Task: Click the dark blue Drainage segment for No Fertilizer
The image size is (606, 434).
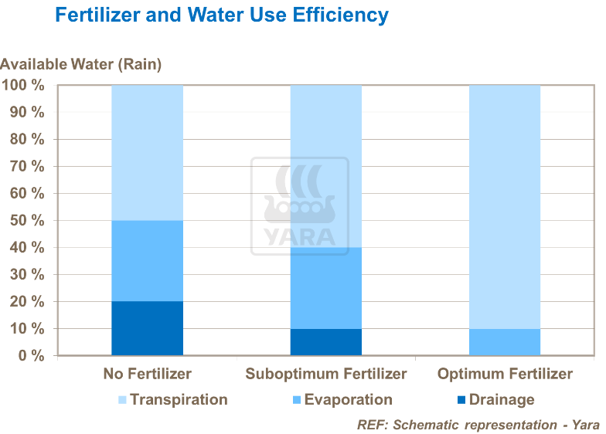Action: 147,328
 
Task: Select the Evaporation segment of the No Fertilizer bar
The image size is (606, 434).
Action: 147,261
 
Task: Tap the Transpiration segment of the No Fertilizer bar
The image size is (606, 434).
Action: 147,152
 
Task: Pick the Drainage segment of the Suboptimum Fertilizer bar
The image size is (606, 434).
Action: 325,342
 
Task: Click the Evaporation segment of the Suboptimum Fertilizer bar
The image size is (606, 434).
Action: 325,288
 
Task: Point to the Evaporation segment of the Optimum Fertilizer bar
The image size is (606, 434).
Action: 505,342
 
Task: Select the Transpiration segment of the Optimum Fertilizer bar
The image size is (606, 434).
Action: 505,206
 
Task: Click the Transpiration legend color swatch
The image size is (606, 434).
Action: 122,400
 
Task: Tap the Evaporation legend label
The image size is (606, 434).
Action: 348,400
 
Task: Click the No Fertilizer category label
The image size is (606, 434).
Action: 147,375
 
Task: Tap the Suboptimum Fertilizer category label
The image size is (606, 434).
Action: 325,375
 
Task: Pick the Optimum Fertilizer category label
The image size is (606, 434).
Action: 505,375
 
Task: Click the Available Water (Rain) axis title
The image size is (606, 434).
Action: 81,65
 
